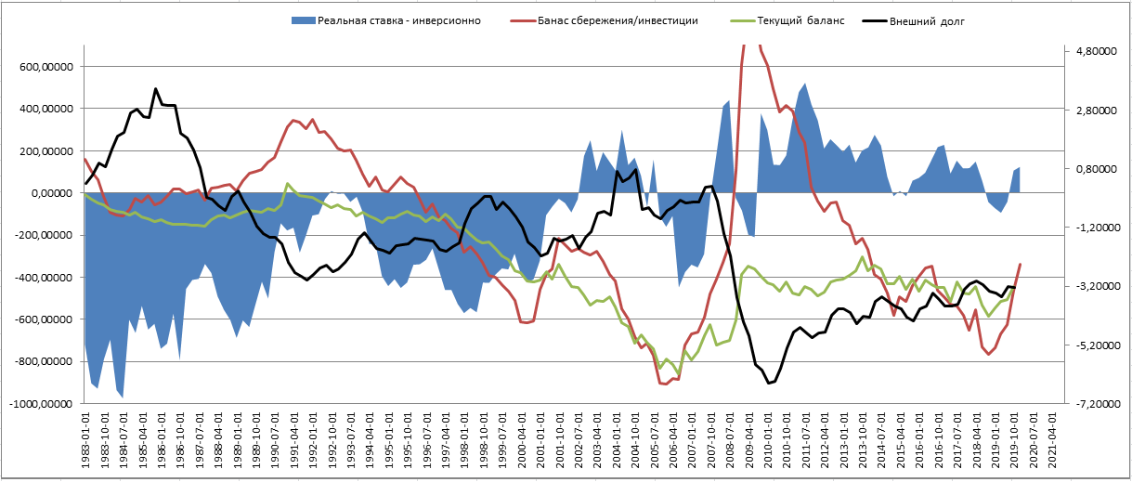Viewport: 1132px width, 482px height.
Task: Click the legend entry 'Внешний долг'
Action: pos(934,20)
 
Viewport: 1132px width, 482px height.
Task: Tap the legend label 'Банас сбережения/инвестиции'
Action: pos(617,20)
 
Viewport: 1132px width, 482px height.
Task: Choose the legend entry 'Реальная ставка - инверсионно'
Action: pos(398,20)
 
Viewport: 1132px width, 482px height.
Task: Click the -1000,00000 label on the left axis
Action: pos(42,404)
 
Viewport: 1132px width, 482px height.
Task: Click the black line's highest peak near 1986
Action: pos(156,89)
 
